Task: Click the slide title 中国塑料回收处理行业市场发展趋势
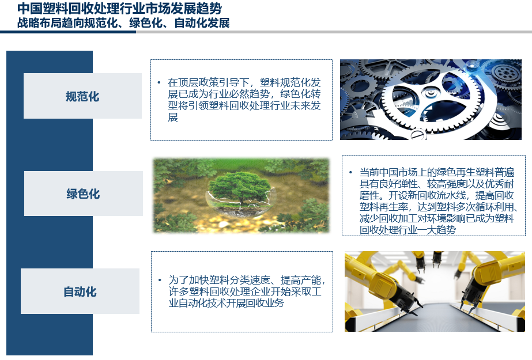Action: point(119,8)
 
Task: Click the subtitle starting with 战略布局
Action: point(123,23)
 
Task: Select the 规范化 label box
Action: point(82,96)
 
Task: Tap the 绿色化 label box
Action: point(84,194)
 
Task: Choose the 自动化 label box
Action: point(80,291)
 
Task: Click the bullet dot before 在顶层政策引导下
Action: point(159,82)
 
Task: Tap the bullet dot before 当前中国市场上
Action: point(350,173)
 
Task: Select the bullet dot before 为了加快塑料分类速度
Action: point(160,280)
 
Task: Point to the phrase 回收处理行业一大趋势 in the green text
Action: point(408,230)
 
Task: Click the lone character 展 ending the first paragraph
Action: point(173,117)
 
